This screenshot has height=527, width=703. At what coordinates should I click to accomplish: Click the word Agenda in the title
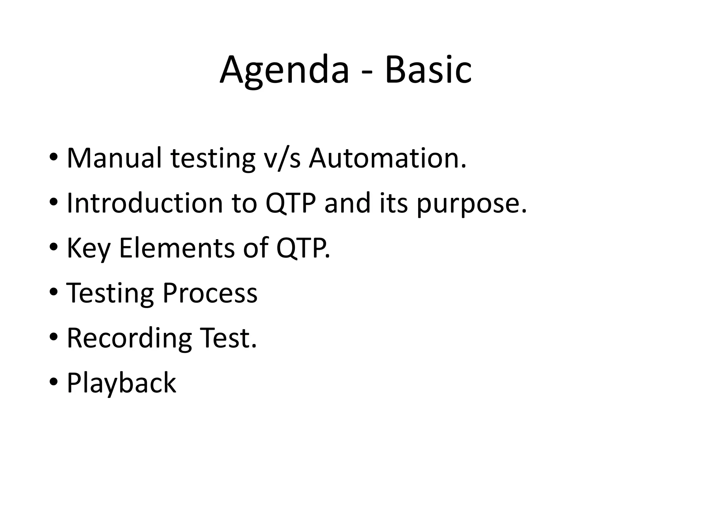coord(284,70)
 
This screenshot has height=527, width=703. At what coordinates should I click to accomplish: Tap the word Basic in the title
coord(428,70)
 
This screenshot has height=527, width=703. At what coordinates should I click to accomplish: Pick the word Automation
coord(387,158)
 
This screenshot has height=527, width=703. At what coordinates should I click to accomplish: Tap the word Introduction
coord(145,203)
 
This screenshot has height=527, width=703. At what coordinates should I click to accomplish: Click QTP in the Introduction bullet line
coord(290,203)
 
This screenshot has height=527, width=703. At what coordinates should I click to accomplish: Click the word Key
coord(88,248)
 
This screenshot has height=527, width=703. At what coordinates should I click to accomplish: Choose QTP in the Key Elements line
coord(302,248)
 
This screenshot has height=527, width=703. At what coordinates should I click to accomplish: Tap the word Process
coord(210,293)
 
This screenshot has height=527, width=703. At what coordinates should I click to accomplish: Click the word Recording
coord(129,339)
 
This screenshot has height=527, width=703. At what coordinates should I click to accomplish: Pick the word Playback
coord(121,383)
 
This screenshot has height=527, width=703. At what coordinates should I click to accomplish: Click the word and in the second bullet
coord(347,203)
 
